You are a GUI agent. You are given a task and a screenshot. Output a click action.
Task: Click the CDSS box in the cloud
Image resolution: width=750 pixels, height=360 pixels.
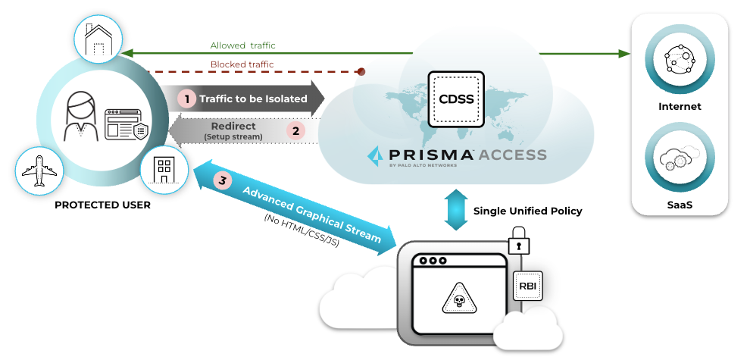[455, 99]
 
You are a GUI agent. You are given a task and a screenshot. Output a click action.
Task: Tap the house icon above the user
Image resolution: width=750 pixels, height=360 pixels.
[96, 40]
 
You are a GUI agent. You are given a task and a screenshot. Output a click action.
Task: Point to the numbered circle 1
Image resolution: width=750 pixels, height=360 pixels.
[186, 99]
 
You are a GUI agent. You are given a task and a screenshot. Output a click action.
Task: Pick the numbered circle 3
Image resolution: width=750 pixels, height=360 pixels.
[222, 180]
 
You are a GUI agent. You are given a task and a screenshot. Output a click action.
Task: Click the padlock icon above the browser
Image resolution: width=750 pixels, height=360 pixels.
[520, 243]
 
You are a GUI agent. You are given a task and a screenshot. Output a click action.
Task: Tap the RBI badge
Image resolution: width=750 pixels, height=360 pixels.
[528, 286]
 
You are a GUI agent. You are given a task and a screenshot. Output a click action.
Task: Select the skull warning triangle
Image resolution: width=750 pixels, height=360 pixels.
[458, 300]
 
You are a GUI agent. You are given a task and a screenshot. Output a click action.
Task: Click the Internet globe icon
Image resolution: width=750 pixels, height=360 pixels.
[679, 61]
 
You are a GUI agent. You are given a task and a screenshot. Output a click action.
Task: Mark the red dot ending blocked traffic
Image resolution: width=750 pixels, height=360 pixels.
[361, 72]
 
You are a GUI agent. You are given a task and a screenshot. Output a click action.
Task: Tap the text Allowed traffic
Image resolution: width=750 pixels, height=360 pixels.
[242, 45]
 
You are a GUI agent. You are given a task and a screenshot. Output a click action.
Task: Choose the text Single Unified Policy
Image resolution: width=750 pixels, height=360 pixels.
[527, 211]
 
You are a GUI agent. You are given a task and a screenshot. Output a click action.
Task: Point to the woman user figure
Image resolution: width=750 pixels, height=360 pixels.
[80, 117]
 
